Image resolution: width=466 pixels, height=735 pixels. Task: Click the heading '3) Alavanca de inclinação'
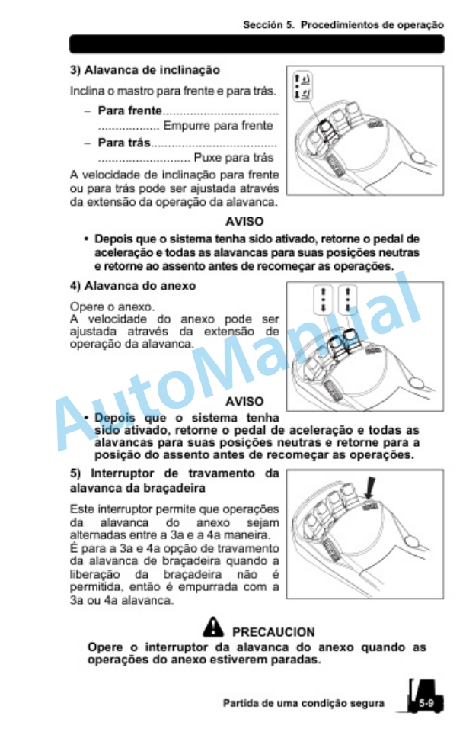coord(145,70)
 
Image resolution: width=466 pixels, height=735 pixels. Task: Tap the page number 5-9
coord(426,703)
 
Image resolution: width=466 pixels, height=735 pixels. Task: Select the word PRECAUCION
coord(273,632)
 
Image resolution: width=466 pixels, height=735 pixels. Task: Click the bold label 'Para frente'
coord(129,111)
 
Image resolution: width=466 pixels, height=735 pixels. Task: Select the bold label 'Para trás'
coord(124,143)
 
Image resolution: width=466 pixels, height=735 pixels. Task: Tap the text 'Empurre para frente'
coord(218,126)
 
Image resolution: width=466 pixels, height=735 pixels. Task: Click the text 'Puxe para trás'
coord(234,158)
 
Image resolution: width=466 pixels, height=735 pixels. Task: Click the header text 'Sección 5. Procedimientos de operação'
coord(343,24)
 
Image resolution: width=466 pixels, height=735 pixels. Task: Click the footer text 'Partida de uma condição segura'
coord(303,703)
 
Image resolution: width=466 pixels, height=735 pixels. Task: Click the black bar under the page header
coord(256,44)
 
